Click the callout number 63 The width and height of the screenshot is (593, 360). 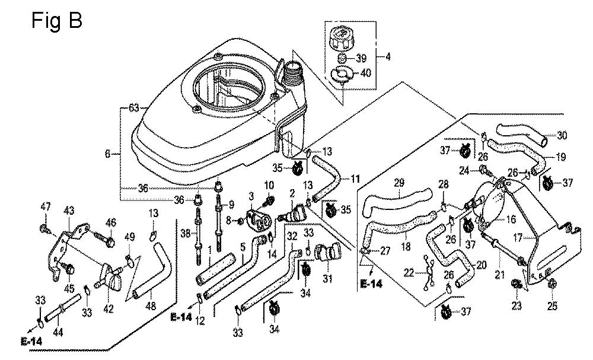133,108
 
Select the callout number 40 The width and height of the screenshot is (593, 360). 365,73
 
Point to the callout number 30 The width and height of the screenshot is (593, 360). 562,136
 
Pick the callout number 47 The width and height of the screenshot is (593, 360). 45,206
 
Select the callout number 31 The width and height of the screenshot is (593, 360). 327,279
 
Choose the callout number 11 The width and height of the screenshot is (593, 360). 355,178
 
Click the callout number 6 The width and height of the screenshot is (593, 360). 107,154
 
